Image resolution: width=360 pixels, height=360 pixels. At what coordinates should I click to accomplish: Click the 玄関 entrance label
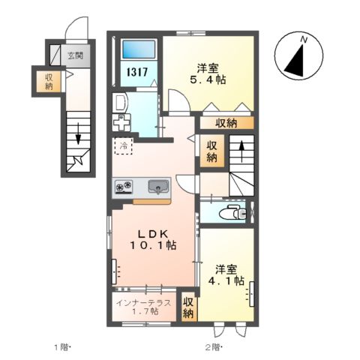[x=75, y=55]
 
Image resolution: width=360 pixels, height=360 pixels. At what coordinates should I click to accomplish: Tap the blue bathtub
[x=139, y=49]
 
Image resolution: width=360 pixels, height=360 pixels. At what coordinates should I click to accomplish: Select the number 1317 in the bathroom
[x=136, y=72]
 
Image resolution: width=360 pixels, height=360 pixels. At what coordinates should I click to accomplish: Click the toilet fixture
[x=232, y=212]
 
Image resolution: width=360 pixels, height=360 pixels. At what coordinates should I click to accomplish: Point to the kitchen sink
[x=158, y=187]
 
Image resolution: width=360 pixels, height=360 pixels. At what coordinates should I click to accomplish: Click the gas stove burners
[x=124, y=186]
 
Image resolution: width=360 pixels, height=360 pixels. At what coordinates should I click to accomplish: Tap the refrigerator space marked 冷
[x=123, y=145]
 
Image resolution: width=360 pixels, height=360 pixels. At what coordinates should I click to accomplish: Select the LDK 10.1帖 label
[x=153, y=240]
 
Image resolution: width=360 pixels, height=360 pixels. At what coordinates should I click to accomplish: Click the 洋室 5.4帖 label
[x=208, y=74]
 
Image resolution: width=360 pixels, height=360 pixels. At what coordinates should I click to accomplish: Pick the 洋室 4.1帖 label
[x=226, y=275]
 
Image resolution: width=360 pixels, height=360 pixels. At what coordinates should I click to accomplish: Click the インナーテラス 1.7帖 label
[x=144, y=307]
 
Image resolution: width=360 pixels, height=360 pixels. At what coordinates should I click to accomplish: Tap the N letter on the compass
[x=304, y=40]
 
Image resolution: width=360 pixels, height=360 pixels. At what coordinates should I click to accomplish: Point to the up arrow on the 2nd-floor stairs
[x=241, y=151]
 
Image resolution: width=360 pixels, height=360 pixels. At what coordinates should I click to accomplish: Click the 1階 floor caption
[x=61, y=347]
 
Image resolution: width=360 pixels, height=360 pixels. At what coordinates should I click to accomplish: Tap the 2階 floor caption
[x=214, y=347]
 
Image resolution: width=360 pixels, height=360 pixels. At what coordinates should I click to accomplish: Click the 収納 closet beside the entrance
[x=49, y=81]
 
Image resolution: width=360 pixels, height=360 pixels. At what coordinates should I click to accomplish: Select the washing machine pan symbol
[x=121, y=122]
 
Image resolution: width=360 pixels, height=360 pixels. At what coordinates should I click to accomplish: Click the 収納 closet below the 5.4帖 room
[x=226, y=123]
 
